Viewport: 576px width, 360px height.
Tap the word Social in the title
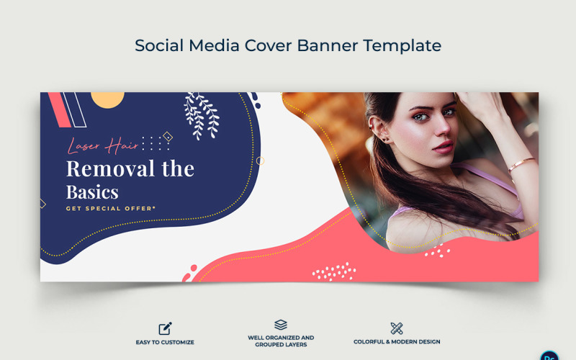(x=158, y=45)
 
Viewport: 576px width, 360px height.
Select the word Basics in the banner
(x=92, y=192)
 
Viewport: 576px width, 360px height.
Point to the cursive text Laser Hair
(x=103, y=146)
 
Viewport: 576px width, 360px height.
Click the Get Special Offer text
(x=110, y=208)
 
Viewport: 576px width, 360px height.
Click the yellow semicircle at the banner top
(x=109, y=99)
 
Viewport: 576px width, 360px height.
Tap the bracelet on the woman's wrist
(x=521, y=165)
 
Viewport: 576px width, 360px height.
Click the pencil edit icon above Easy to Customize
(x=165, y=328)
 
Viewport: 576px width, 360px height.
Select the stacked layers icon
(x=281, y=325)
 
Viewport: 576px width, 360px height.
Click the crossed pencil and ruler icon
(x=396, y=328)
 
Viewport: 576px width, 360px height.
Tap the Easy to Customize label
(x=165, y=342)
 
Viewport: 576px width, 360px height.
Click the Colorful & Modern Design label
(x=397, y=342)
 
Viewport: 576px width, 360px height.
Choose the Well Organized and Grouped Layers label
(x=281, y=340)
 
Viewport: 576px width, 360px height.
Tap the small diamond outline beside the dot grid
(x=168, y=137)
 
